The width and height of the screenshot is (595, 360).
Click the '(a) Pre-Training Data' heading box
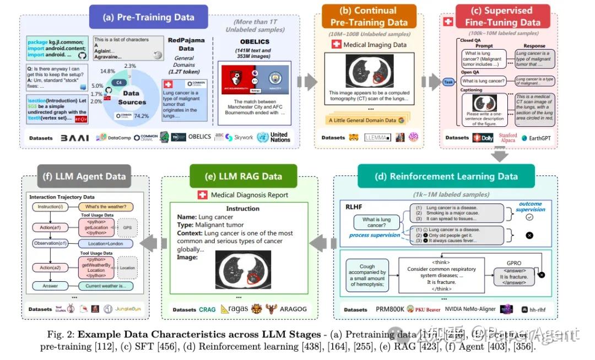point(148,17)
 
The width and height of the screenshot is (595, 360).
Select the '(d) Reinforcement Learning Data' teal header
point(446,176)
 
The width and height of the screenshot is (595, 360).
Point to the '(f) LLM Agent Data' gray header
point(84,176)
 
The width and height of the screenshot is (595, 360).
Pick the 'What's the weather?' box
point(105,207)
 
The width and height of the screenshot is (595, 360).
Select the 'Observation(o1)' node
point(49,244)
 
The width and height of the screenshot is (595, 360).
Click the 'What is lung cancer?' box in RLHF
point(376,223)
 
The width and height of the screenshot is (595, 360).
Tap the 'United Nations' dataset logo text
point(279,137)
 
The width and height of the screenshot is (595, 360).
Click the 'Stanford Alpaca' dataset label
point(508,137)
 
